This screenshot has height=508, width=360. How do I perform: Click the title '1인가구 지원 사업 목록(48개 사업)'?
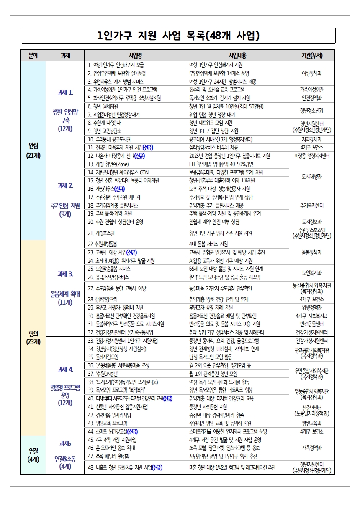click(178, 36)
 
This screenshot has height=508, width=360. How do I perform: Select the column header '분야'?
click(33, 56)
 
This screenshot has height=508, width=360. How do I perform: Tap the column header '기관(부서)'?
click(312, 56)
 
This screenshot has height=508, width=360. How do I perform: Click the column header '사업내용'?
click(237, 56)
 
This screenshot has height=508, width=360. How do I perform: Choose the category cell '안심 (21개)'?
click(33, 150)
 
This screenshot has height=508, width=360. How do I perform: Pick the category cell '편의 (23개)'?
click(33, 337)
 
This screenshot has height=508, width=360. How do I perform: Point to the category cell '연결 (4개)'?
click(33, 455)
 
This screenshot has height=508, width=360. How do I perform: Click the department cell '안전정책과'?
click(312, 98)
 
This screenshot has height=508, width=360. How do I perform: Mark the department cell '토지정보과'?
click(312, 222)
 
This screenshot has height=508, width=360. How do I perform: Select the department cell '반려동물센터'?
click(312, 324)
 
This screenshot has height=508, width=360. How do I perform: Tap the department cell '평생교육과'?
click(312, 423)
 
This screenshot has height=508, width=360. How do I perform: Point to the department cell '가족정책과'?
click(312, 448)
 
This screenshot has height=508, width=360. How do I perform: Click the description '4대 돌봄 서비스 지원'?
click(208, 244)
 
